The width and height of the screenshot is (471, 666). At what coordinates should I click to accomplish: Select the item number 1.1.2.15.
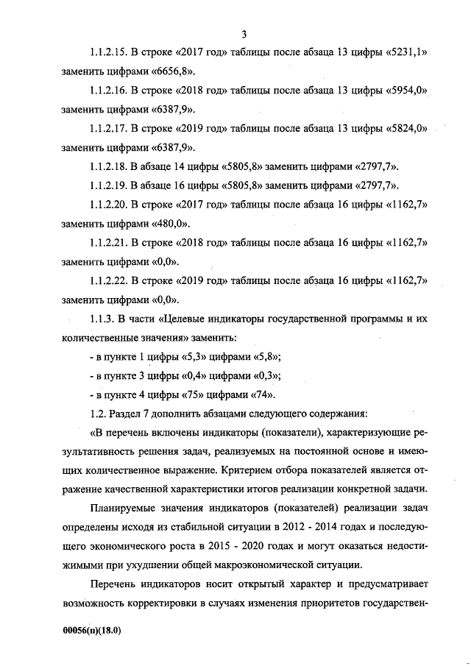click(109, 53)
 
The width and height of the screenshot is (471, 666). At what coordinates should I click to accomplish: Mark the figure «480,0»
click(169, 224)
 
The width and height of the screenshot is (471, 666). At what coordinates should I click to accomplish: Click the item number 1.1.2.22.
click(109, 281)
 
